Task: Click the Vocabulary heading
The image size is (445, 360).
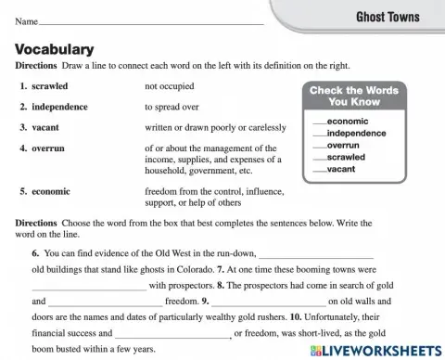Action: tap(55, 50)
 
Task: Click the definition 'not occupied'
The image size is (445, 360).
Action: tap(170, 86)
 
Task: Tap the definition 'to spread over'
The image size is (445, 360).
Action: tap(172, 107)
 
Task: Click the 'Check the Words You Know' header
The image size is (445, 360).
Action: tap(352, 96)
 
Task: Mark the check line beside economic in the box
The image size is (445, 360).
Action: tap(320, 122)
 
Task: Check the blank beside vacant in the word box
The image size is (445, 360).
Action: tap(320, 171)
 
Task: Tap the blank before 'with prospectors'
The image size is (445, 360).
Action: tap(89, 286)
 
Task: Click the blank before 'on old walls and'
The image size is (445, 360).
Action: tap(269, 302)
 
